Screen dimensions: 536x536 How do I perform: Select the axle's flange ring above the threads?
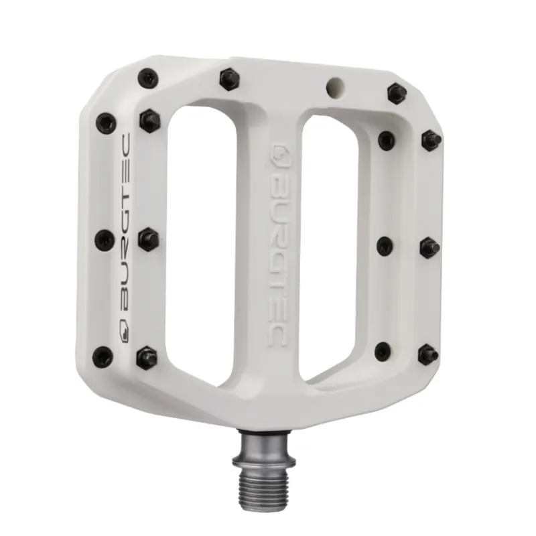click(x=263, y=460)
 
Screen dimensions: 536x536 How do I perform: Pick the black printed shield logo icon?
click(x=125, y=332)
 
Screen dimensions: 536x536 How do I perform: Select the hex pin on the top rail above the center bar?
click(x=230, y=79)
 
